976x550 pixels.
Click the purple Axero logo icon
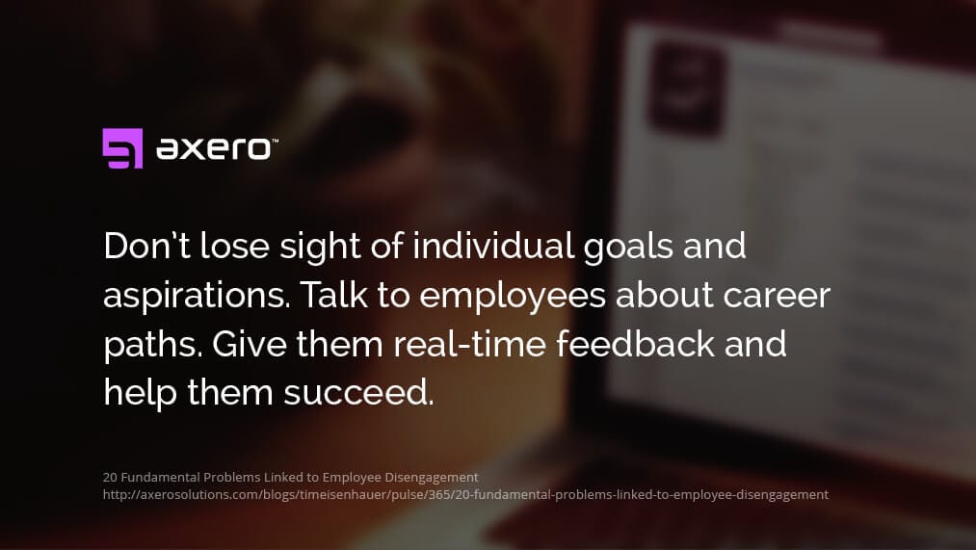[122, 148]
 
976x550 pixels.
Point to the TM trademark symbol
[275, 141]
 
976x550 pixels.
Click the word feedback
[640, 344]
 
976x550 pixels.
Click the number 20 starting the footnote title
[109, 477]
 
